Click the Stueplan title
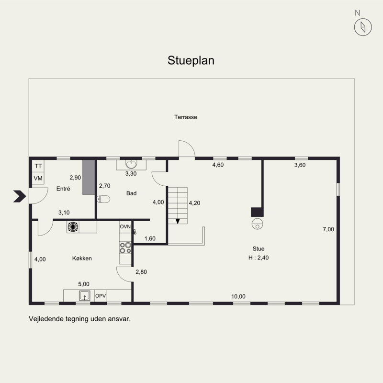(x=191, y=61)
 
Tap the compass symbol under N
(x=363, y=27)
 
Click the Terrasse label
(x=186, y=117)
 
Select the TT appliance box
(x=38, y=166)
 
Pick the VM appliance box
(x=38, y=178)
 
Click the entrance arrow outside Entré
(x=20, y=196)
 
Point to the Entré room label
(x=63, y=189)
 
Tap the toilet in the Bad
(x=103, y=199)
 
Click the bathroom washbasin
(x=131, y=164)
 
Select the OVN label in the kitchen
(x=125, y=226)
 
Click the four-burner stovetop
(x=125, y=248)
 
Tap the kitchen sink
(x=85, y=295)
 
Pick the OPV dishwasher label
(x=101, y=296)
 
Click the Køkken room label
(x=82, y=258)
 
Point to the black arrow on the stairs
(x=178, y=221)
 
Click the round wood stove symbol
(x=258, y=224)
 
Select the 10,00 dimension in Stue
(x=238, y=296)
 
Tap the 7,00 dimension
(x=328, y=229)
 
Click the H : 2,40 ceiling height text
(x=259, y=258)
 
